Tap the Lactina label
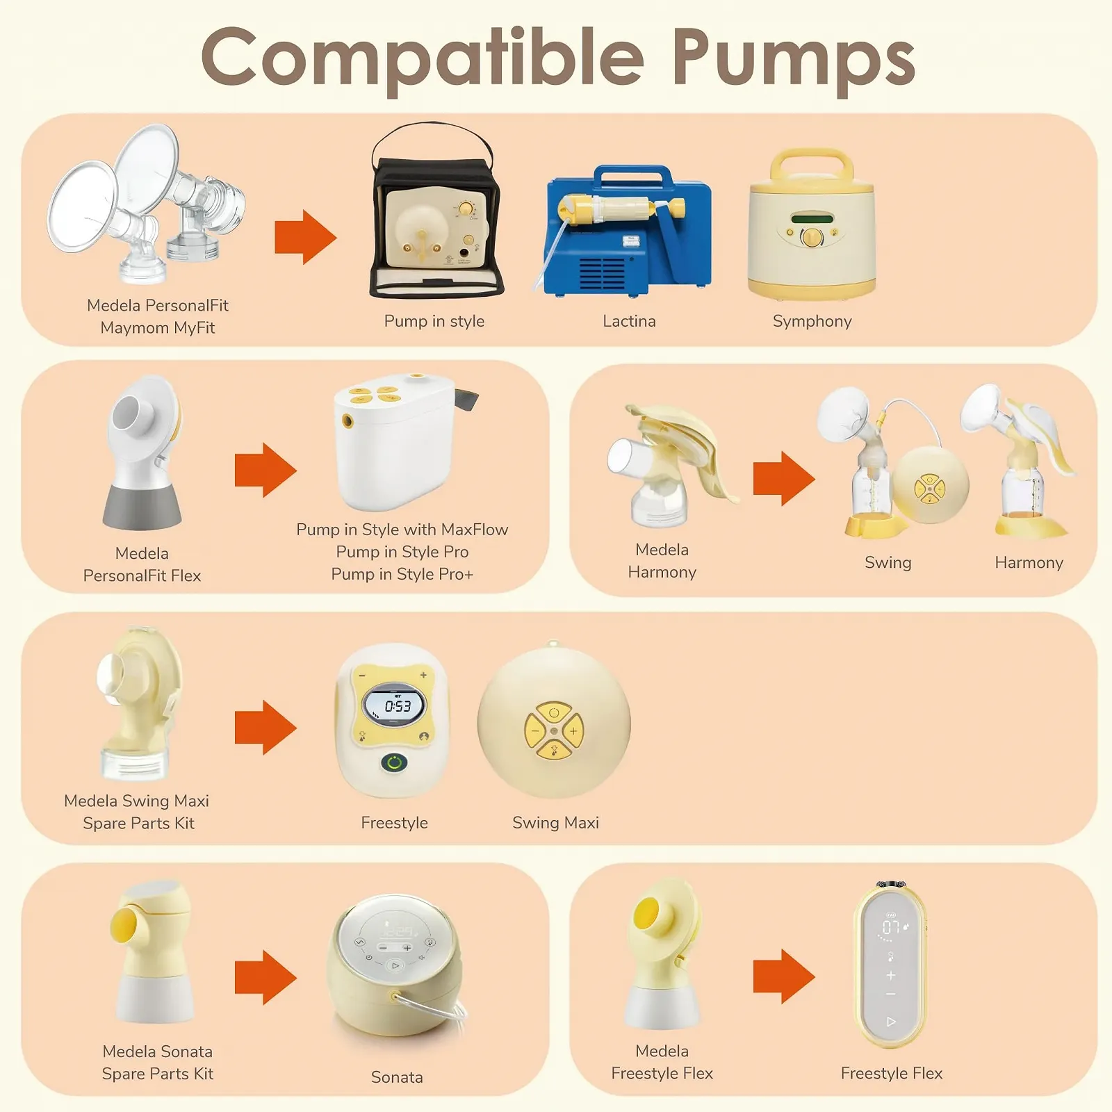pos(629,321)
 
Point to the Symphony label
pos(812,322)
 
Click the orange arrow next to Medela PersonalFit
pos(306,238)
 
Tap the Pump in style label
pos(434,322)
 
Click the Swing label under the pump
pos(888,563)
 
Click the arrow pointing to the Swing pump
pos(784,478)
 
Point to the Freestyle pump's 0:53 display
pos(394,706)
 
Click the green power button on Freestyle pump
pos(394,762)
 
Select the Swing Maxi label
pos(555,823)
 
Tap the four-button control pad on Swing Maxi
pos(554,731)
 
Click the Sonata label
pos(397,1077)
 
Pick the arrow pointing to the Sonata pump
pos(265,978)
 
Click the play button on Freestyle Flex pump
pos(892,1022)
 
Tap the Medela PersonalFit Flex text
pos(142,564)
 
